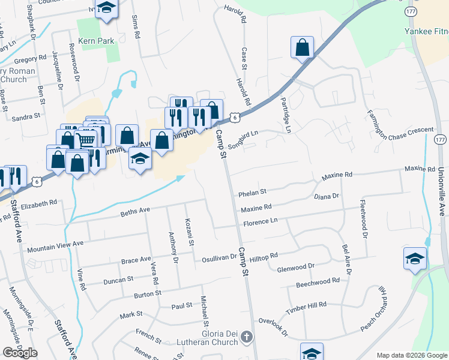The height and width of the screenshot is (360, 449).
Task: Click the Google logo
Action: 20,353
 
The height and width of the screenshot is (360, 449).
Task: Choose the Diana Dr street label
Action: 327,196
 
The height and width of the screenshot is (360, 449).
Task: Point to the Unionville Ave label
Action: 441,191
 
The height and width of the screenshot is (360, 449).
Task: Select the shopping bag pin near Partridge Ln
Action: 302,48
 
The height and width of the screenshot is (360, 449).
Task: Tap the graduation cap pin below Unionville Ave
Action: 414,259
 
